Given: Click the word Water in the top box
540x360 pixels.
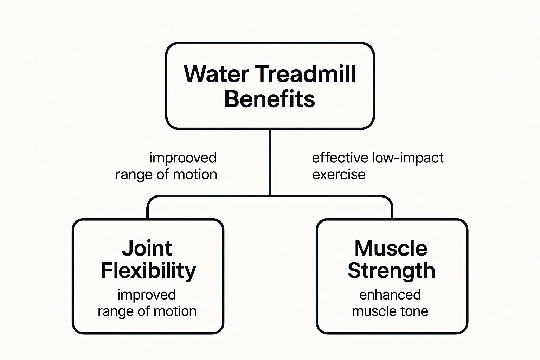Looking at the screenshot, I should (216, 74).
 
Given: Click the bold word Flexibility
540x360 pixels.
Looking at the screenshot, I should (148, 271).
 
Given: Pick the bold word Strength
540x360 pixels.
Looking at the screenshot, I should (391, 271).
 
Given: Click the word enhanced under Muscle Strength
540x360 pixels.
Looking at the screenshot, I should (390, 295).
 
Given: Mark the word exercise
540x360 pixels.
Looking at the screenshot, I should (339, 174).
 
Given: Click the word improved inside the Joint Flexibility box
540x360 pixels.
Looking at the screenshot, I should (146, 295).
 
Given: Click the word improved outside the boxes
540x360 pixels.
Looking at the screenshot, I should (183, 158).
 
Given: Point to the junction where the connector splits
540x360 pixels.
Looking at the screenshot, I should (270, 195).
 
